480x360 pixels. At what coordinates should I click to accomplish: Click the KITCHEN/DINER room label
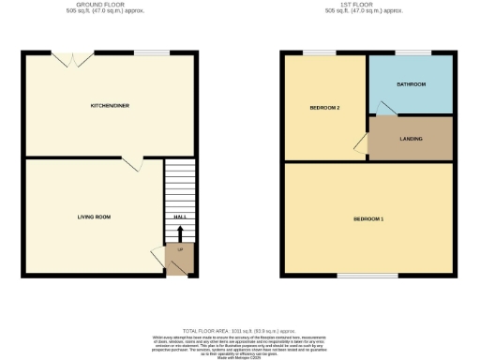pyautogui.click(x=110, y=105)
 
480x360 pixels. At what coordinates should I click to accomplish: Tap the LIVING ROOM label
pyautogui.click(x=94, y=217)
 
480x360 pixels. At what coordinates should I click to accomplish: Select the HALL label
pyautogui.click(x=180, y=217)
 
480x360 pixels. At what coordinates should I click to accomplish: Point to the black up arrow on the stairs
pyautogui.click(x=180, y=231)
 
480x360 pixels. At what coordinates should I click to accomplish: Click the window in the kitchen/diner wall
pyautogui.click(x=145, y=52)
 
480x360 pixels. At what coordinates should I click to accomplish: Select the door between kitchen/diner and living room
pyautogui.click(x=132, y=163)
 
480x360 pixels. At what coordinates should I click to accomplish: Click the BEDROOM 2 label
pyautogui.click(x=324, y=108)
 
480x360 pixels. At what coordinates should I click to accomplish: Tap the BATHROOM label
pyautogui.click(x=411, y=84)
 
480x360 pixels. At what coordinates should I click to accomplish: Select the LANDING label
pyautogui.click(x=411, y=139)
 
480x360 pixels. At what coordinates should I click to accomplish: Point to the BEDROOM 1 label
pyautogui.click(x=368, y=218)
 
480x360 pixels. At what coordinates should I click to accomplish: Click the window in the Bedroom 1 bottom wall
pyautogui.click(x=356, y=276)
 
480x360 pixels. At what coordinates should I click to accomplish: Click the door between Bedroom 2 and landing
pyautogui.click(x=361, y=142)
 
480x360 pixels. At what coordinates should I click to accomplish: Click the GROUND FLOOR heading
pyautogui.click(x=110, y=5)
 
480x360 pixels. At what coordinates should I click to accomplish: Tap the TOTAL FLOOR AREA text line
pyautogui.click(x=241, y=329)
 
